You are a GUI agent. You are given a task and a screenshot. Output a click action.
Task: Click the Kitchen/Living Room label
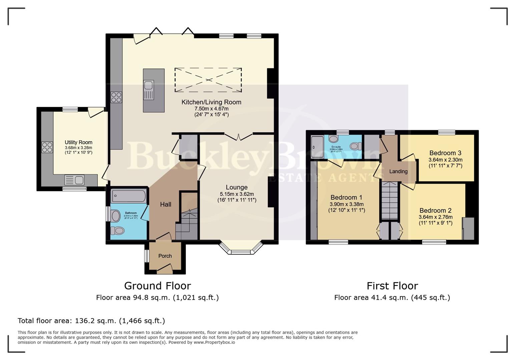pyautogui.click(x=211, y=102)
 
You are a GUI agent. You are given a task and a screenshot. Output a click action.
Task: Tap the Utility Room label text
pyautogui.click(x=78, y=142)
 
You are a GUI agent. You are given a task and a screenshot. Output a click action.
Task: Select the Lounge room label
pyautogui.click(x=236, y=187)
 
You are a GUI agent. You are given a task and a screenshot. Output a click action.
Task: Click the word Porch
pyautogui.click(x=165, y=256)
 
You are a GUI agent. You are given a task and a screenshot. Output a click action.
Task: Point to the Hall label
pyautogui.click(x=165, y=204)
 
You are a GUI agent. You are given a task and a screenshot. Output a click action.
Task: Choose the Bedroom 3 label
pyautogui.click(x=445, y=153)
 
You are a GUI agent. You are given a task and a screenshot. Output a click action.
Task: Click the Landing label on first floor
pyautogui.click(x=398, y=171)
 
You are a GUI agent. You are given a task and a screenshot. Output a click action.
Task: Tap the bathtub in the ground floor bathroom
pyautogui.click(x=128, y=196)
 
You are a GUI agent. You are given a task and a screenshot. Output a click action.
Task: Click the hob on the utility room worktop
pyautogui.click(x=47, y=147)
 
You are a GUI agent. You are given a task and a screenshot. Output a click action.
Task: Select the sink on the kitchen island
pyautogui.click(x=149, y=90)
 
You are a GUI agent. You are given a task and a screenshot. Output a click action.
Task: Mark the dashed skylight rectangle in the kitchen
pyautogui.click(x=208, y=80)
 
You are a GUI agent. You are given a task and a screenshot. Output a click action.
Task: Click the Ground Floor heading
pyautogui.click(x=157, y=286)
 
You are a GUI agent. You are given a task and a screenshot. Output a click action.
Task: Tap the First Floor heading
pyautogui.click(x=392, y=286)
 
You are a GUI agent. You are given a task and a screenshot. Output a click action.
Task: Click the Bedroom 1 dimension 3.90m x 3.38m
pyautogui.click(x=347, y=204)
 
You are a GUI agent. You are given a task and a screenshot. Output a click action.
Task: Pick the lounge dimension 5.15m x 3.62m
pyautogui.click(x=236, y=194)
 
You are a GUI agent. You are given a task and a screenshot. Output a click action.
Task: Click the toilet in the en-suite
pyautogui.click(x=356, y=146)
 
